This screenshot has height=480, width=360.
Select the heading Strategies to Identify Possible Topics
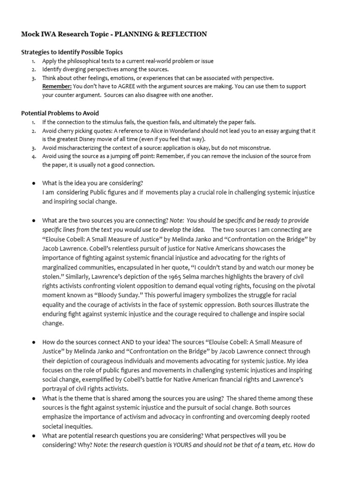[72, 52]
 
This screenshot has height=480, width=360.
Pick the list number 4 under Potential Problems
[33, 157]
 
